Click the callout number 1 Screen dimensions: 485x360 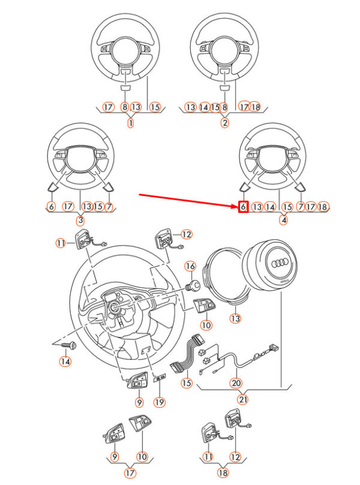pyautogui.click(x=131, y=123)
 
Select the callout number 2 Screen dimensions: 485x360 pyautogui.click(x=224, y=123)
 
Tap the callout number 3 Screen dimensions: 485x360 pyautogui.click(x=80, y=220)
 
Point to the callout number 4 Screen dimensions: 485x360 pyautogui.click(x=284, y=220)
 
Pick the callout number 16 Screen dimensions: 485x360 pyautogui.click(x=190, y=266)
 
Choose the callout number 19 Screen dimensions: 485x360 pyautogui.click(x=159, y=401)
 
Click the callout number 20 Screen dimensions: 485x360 pyautogui.click(x=236, y=382)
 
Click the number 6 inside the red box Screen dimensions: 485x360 pyautogui.click(x=243, y=206)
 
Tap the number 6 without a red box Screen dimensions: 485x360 pyautogui.click(x=51, y=206)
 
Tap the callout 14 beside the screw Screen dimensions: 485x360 pyautogui.click(x=65, y=362)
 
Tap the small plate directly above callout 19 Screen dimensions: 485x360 pyautogui.click(x=160, y=378)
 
